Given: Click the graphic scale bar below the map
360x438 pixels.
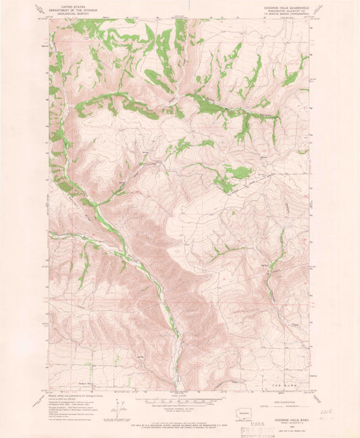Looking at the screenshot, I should pos(179,401).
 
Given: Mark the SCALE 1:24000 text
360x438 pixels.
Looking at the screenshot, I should pos(179,395).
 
